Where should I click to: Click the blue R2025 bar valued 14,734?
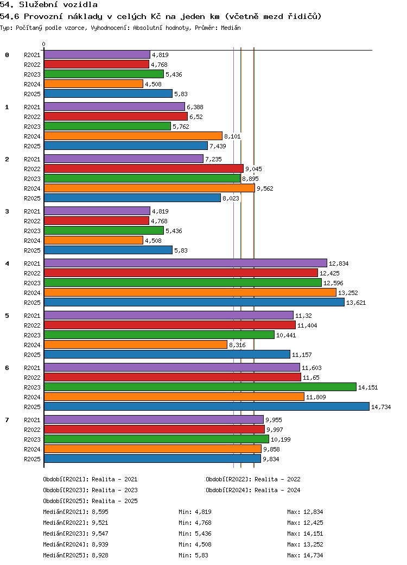click(x=206, y=406)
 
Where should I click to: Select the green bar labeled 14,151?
click(x=200, y=387)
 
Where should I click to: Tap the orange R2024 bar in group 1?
click(x=133, y=136)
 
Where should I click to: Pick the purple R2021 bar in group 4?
click(x=185, y=263)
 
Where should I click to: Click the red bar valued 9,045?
click(x=143, y=168)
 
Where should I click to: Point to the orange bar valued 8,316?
click(x=135, y=344)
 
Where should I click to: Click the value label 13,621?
click(x=356, y=303)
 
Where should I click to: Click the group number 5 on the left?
click(x=7, y=316)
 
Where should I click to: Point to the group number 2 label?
click(x=7, y=159)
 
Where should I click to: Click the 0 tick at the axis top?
click(x=44, y=45)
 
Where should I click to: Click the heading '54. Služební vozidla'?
click(x=49, y=5)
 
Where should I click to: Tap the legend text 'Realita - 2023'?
click(x=115, y=490)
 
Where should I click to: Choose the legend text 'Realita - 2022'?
click(x=277, y=479)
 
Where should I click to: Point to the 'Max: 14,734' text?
click(x=305, y=555)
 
